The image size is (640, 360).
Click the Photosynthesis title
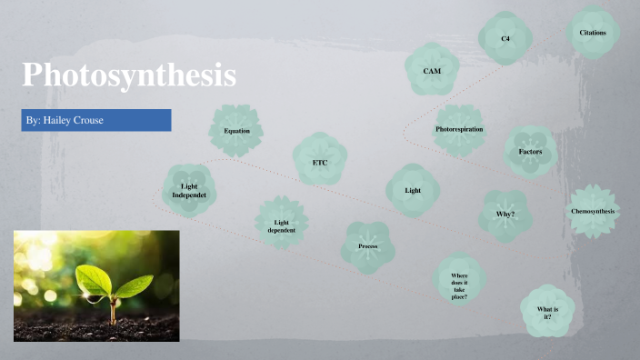129,75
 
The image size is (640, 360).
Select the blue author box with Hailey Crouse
96,120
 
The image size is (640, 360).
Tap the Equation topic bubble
236,131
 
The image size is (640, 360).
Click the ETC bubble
320,163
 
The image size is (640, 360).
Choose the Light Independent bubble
190,191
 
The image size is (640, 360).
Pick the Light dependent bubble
282,224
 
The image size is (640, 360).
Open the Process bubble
368,245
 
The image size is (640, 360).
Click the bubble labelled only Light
414,191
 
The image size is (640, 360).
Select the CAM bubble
433,70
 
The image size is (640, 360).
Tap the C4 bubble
505,39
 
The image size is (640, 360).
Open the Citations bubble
593,34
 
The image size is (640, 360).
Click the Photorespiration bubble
459,130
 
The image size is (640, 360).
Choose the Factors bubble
531,151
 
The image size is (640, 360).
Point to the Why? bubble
505,215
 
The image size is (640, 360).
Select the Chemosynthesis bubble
593,212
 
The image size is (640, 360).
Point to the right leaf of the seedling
133,286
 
